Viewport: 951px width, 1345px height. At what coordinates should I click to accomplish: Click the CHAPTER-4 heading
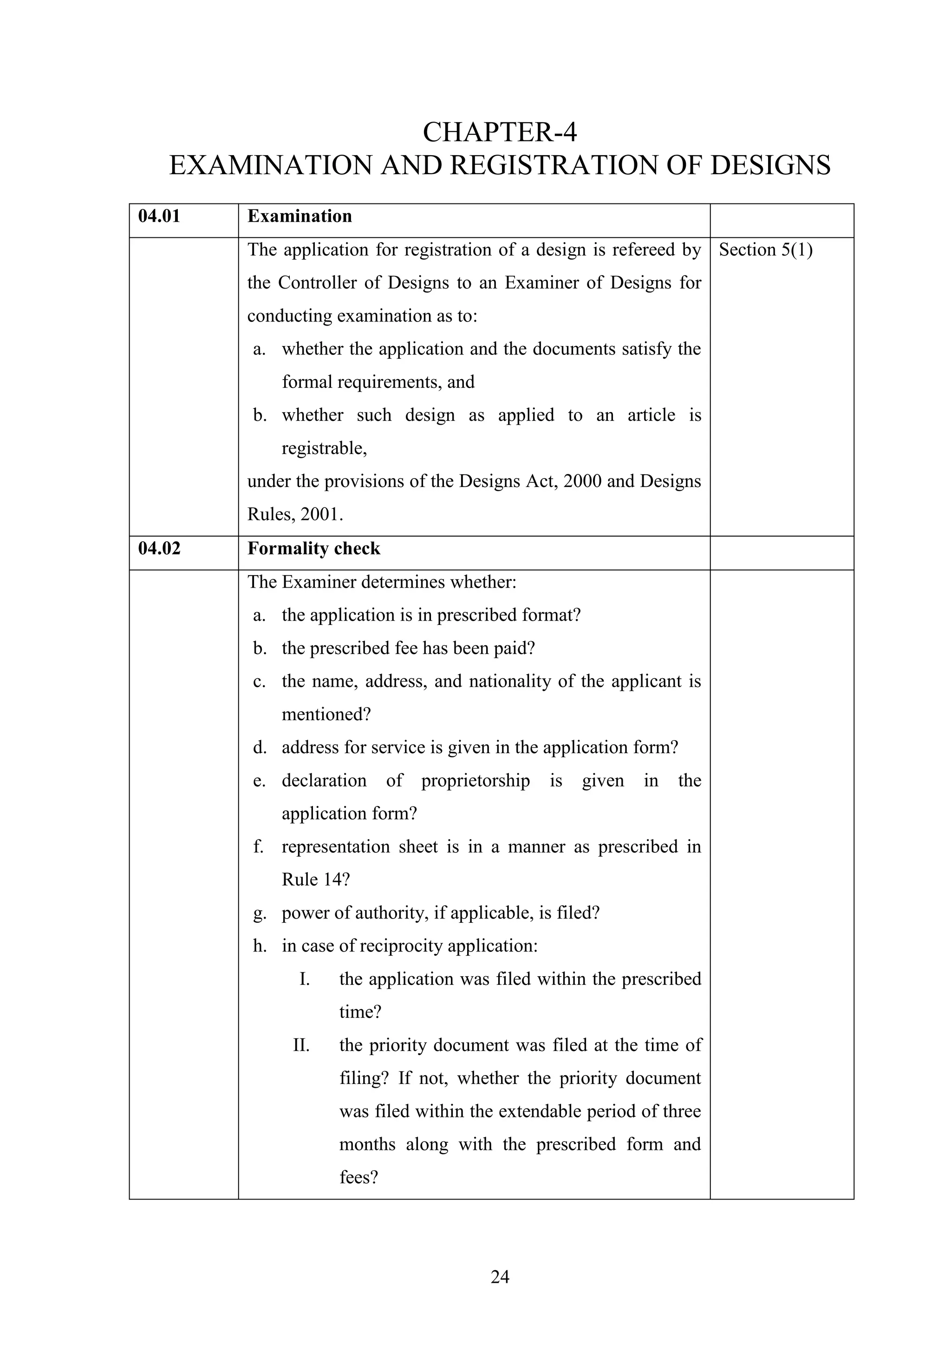click(x=500, y=132)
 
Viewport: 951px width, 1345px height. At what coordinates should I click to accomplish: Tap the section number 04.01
click(x=159, y=216)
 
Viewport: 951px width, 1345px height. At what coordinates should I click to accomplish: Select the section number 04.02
click(x=159, y=548)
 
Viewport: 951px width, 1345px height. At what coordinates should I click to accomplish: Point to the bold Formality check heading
click(x=313, y=548)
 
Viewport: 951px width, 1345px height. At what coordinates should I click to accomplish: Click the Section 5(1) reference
click(x=765, y=250)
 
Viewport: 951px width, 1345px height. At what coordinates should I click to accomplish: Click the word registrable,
click(x=324, y=448)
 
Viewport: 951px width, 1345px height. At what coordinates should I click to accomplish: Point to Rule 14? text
click(x=315, y=879)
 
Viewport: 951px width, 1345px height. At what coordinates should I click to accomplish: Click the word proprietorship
click(x=475, y=781)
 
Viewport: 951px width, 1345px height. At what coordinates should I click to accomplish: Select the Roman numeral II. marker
click(x=301, y=1045)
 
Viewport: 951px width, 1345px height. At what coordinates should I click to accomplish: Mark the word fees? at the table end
click(x=358, y=1177)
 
